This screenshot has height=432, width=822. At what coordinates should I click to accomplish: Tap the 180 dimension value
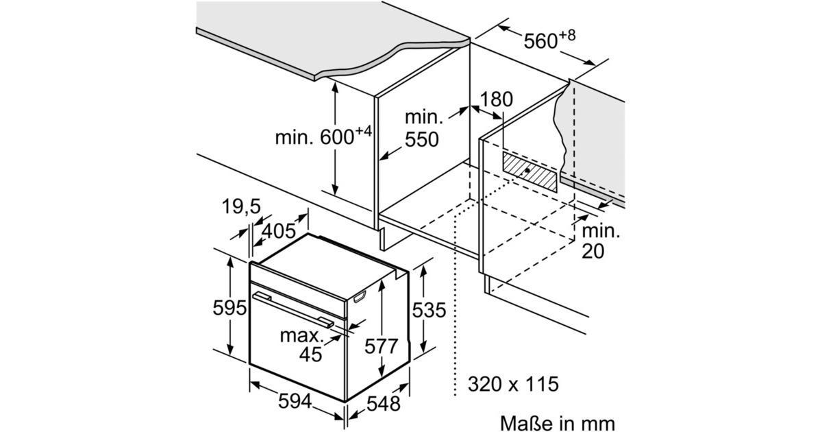[496, 99]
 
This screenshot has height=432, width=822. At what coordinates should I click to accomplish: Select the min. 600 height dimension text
[323, 136]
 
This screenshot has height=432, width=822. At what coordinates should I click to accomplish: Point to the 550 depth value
[422, 140]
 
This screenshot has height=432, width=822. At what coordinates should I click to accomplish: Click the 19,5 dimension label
[241, 206]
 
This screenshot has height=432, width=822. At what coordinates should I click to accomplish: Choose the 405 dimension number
[279, 231]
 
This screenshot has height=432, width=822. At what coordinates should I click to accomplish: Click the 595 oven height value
[229, 307]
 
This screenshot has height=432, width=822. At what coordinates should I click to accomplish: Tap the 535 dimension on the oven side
[429, 310]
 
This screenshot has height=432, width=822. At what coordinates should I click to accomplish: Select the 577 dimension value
[382, 346]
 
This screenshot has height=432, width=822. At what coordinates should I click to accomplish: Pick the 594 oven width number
[295, 400]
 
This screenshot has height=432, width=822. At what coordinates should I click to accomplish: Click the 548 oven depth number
[384, 404]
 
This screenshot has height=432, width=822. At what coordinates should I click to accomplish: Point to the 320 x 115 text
[513, 384]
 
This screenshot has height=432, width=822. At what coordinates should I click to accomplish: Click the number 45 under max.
[310, 354]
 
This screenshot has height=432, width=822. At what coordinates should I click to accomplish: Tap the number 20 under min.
[593, 251]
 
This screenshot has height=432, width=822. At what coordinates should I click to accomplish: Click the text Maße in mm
[558, 423]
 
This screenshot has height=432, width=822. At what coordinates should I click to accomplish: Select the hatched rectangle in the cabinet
[530, 172]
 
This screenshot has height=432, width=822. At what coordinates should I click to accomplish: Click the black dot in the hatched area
[527, 170]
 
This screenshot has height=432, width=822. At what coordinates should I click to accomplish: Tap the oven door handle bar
[293, 309]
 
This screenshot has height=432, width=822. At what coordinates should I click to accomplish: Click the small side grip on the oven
[360, 297]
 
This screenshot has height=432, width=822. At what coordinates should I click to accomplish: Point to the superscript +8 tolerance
[567, 36]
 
